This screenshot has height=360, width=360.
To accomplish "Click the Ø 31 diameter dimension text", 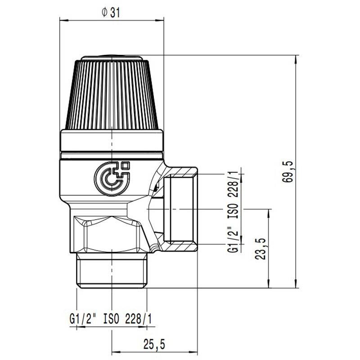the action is point(111,13).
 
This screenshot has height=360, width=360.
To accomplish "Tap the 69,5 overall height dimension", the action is point(288,171).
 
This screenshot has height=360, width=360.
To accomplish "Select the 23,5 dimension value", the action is point(261,249).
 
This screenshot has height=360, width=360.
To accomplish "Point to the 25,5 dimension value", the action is point(154,344).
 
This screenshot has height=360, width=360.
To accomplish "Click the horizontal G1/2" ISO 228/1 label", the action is point(111,319).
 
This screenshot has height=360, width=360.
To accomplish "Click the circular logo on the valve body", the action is point(112,178).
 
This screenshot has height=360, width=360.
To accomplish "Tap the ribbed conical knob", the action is point(112,94).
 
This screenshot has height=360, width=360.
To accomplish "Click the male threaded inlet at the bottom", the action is point(112,270).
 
